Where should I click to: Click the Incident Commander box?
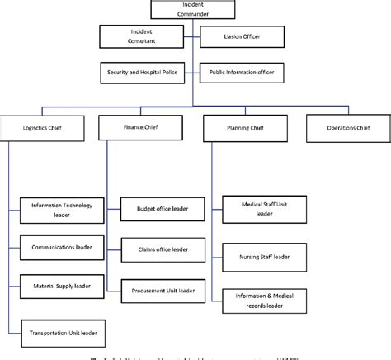[191, 9]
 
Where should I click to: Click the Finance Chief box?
[141, 128]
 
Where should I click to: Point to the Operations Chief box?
[346, 128]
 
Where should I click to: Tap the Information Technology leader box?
[62, 211]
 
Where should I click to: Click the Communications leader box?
[62, 246]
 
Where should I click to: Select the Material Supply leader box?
[62, 285]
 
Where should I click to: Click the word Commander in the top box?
[191, 13]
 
